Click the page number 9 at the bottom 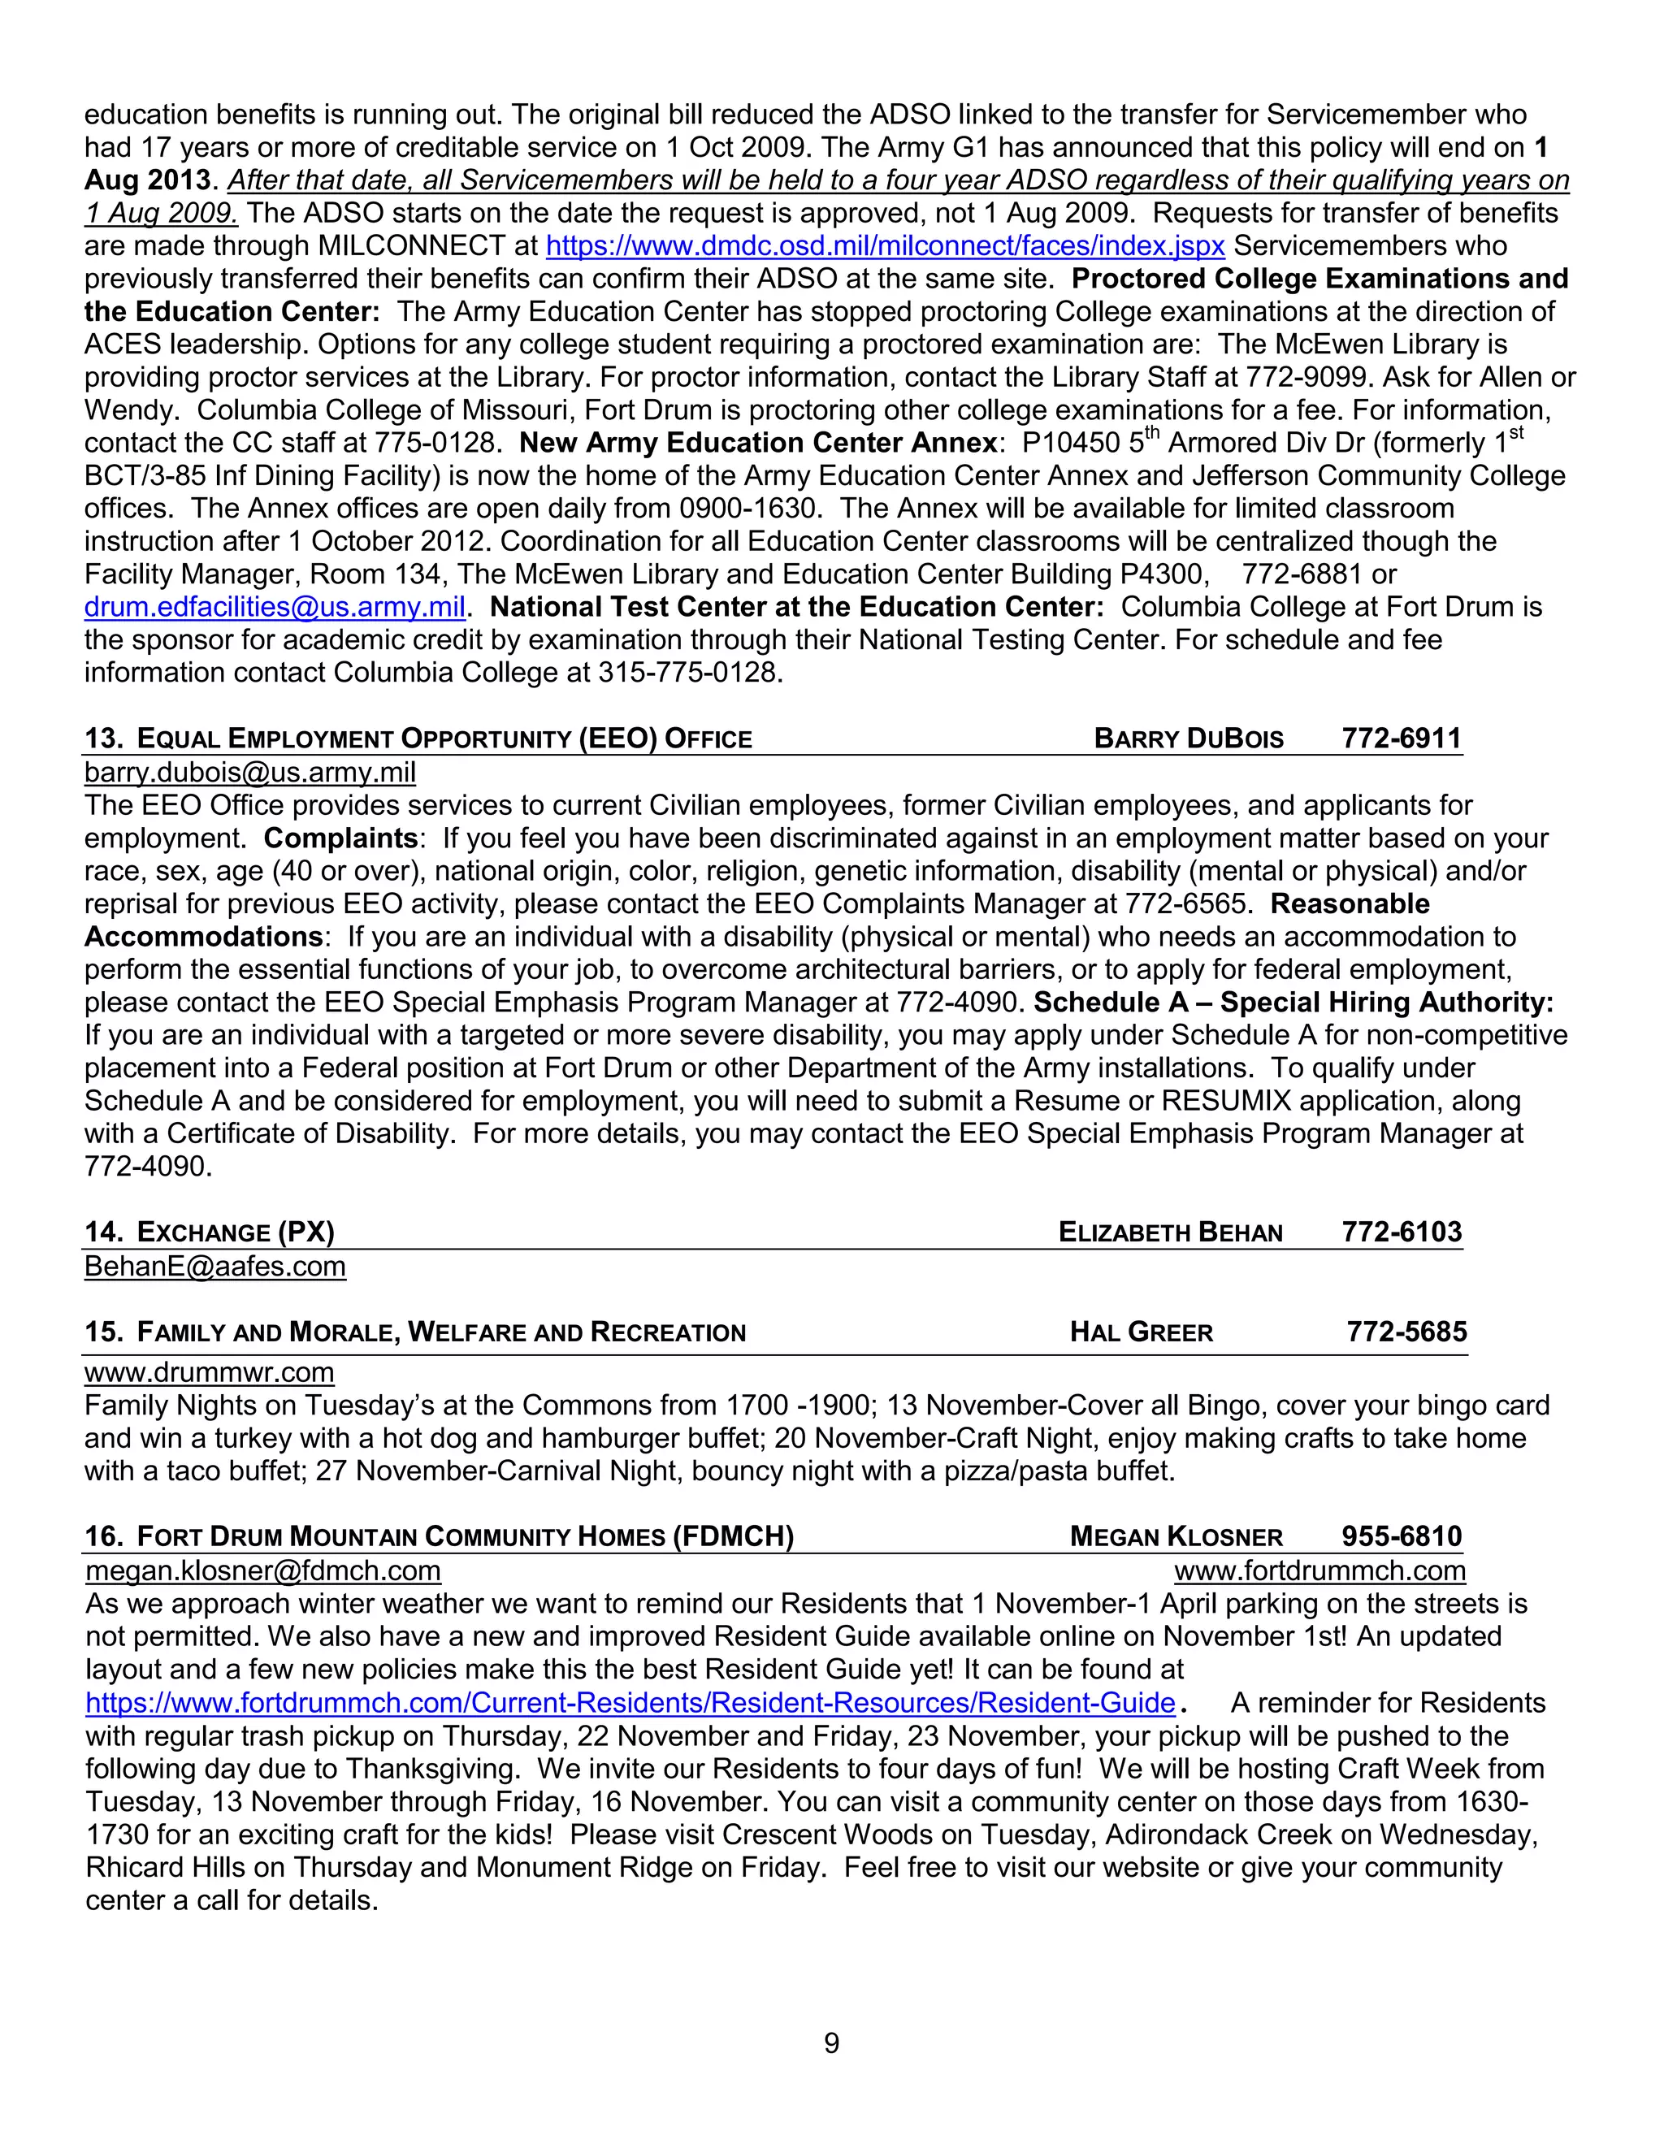click(x=831, y=2043)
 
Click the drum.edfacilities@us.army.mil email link click(x=274, y=607)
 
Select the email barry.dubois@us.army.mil click(x=249, y=773)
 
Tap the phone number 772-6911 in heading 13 click(x=1401, y=739)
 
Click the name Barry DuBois click(x=1188, y=739)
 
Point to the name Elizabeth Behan click(x=1170, y=1232)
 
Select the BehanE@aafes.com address click(x=214, y=1267)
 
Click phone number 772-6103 click(x=1401, y=1232)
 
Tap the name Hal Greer click(x=1141, y=1332)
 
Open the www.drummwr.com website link click(x=209, y=1372)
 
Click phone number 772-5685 click(x=1406, y=1332)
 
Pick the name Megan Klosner click(x=1176, y=1537)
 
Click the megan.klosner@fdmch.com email click(x=263, y=1570)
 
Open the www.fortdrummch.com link click(x=1319, y=1570)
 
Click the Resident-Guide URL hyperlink click(x=630, y=1704)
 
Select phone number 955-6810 click(x=1401, y=1537)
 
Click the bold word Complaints click(x=341, y=839)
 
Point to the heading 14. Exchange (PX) click(x=209, y=1232)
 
